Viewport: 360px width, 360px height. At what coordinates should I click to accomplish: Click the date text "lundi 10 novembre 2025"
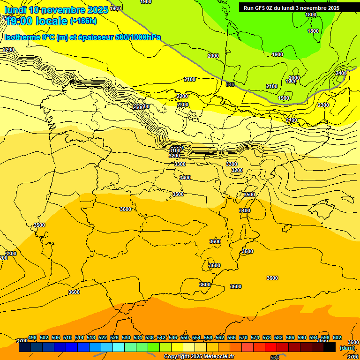[x=56, y=10]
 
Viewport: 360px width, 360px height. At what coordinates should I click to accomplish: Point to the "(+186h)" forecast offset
[x=83, y=21]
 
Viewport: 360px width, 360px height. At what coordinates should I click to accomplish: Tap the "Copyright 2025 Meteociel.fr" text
[x=199, y=357]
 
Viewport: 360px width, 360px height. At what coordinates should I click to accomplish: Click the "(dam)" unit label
[x=347, y=348]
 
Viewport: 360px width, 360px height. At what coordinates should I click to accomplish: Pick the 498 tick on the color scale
[x=32, y=337]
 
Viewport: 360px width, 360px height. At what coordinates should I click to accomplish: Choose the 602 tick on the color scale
[x=337, y=337]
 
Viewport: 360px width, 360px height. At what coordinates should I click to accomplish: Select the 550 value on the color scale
[x=185, y=337]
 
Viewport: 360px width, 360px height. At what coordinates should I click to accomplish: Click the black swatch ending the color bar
[x=330, y=347]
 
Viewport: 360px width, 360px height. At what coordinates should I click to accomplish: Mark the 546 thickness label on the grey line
[x=230, y=84]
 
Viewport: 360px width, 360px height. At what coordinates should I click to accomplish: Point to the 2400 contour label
[x=341, y=73]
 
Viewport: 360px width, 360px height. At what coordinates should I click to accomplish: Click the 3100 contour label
[x=175, y=150]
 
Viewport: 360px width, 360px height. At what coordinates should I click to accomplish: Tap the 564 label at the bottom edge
[x=275, y=358]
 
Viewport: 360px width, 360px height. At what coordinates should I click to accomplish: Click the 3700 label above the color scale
[x=22, y=341]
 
